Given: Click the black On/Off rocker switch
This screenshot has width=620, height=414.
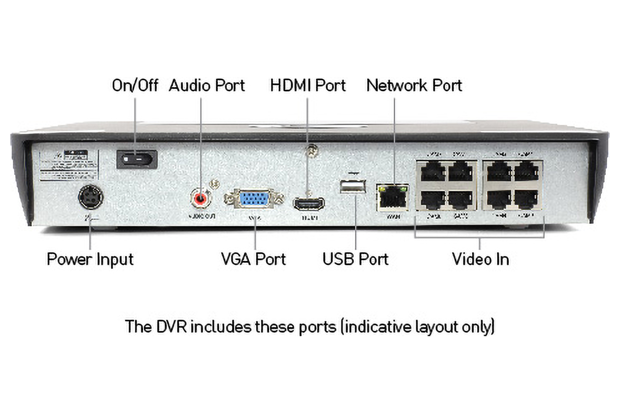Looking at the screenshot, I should click(x=137, y=159).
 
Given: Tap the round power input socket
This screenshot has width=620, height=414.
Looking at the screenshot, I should click(x=91, y=197).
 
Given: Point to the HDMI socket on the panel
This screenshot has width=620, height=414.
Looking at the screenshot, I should click(x=309, y=204).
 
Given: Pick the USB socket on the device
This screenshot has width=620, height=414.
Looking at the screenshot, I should click(x=353, y=186).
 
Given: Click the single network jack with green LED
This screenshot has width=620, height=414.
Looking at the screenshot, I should click(x=393, y=197).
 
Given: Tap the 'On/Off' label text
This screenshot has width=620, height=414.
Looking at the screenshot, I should click(x=135, y=85).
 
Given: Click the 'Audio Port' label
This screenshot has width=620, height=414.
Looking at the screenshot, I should click(x=207, y=85).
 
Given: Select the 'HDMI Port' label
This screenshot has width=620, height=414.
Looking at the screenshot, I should click(x=308, y=85).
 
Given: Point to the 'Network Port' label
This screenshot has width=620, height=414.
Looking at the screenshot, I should click(x=414, y=85).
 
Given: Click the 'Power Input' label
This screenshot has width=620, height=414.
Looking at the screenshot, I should click(x=90, y=260).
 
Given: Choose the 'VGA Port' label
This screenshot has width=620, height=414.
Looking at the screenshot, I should click(x=253, y=259).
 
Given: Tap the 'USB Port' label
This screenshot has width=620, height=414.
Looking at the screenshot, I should click(x=355, y=259).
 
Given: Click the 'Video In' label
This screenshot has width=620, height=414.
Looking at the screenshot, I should click(x=480, y=259).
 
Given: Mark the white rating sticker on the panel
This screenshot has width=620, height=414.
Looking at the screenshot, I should click(x=69, y=165).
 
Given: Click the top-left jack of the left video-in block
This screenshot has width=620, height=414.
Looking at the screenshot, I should click(x=432, y=171).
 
